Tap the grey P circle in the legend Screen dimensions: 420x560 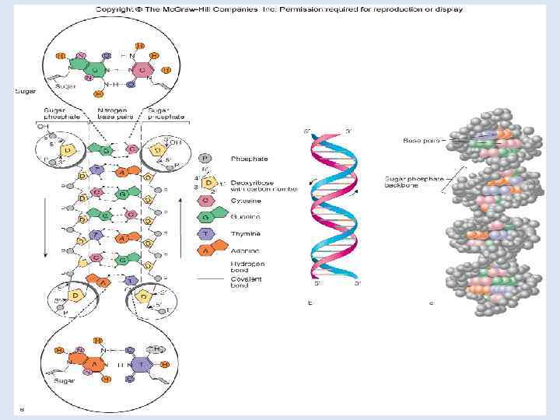pyautogui.click(x=206, y=158)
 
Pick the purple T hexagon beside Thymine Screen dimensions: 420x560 pyautogui.click(x=206, y=234)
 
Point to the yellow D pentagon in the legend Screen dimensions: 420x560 pyautogui.click(x=207, y=182)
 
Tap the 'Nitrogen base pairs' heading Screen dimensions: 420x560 pyautogui.click(x=109, y=114)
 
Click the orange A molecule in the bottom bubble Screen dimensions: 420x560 pyautogui.click(x=93, y=362)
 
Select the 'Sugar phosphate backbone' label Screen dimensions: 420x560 pyautogui.click(x=415, y=182)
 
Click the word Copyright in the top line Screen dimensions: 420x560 pyautogui.click(x=114, y=9)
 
